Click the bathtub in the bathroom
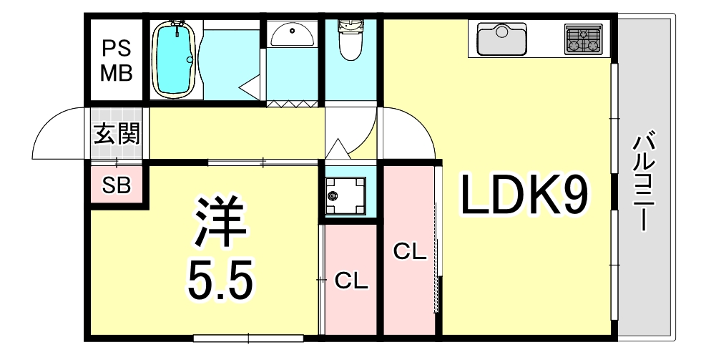coord(175,59)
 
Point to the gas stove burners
coord(584,39)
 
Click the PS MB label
coord(116,61)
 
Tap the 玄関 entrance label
coord(116,133)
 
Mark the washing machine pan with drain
coord(346,195)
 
